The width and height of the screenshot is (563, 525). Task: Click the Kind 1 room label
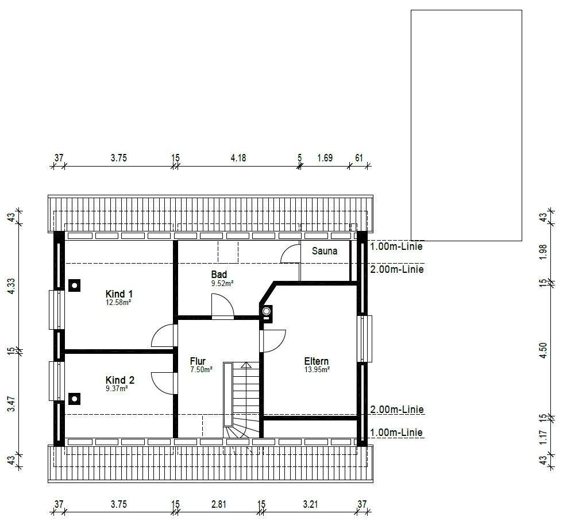click(119, 294)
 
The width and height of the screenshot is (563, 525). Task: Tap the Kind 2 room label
click(119, 380)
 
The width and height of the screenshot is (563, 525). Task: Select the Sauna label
click(325, 251)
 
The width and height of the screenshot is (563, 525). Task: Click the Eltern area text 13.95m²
click(317, 370)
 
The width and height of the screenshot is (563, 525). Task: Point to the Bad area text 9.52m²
click(222, 283)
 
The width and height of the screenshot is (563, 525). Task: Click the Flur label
click(198, 361)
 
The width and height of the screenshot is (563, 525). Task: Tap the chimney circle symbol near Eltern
click(267, 311)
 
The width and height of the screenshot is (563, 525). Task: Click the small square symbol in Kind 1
click(74, 284)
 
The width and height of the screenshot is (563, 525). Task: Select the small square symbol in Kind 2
click(74, 397)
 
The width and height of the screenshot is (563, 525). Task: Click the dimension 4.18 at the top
click(238, 158)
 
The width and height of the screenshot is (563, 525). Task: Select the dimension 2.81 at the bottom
click(218, 504)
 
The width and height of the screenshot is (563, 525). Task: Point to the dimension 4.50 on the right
click(543, 351)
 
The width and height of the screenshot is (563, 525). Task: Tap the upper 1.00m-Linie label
click(397, 246)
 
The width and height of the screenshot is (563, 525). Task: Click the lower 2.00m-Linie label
click(397, 410)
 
